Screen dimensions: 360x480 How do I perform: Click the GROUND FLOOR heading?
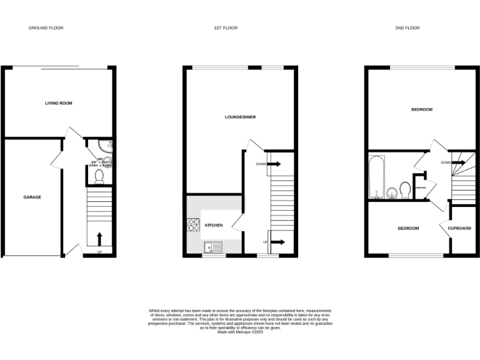(46, 28)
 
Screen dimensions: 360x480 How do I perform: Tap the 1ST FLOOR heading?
(226, 28)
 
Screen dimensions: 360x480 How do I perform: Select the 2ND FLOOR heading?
(407, 28)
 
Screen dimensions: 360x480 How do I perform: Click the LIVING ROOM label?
(58, 102)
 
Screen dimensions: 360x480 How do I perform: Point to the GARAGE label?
(32, 197)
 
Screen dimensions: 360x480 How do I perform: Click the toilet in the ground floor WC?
(98, 177)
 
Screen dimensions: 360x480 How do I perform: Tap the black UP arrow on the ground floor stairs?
(98, 239)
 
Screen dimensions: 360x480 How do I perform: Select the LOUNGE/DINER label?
(241, 117)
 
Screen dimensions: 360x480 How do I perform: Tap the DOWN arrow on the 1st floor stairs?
(274, 164)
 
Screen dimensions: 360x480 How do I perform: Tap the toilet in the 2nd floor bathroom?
(404, 189)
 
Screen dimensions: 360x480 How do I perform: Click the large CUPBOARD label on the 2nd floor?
(459, 228)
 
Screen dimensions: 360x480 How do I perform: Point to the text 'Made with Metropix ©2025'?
(240, 332)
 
